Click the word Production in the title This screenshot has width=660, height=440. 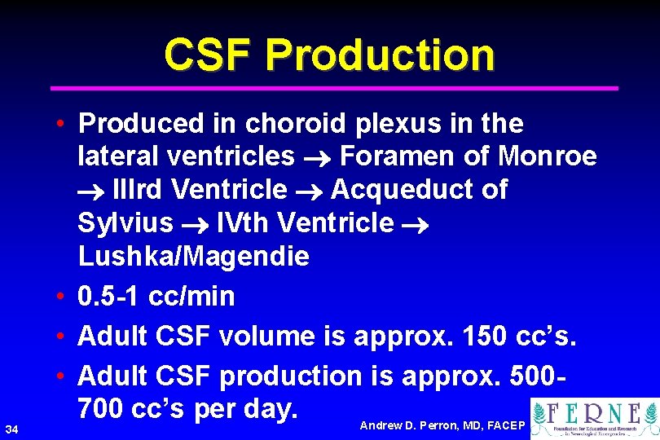coord(380,55)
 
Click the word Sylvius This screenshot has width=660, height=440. coord(125,222)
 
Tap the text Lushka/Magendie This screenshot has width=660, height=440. coord(194,257)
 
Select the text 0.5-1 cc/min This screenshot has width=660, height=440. coord(156,297)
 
